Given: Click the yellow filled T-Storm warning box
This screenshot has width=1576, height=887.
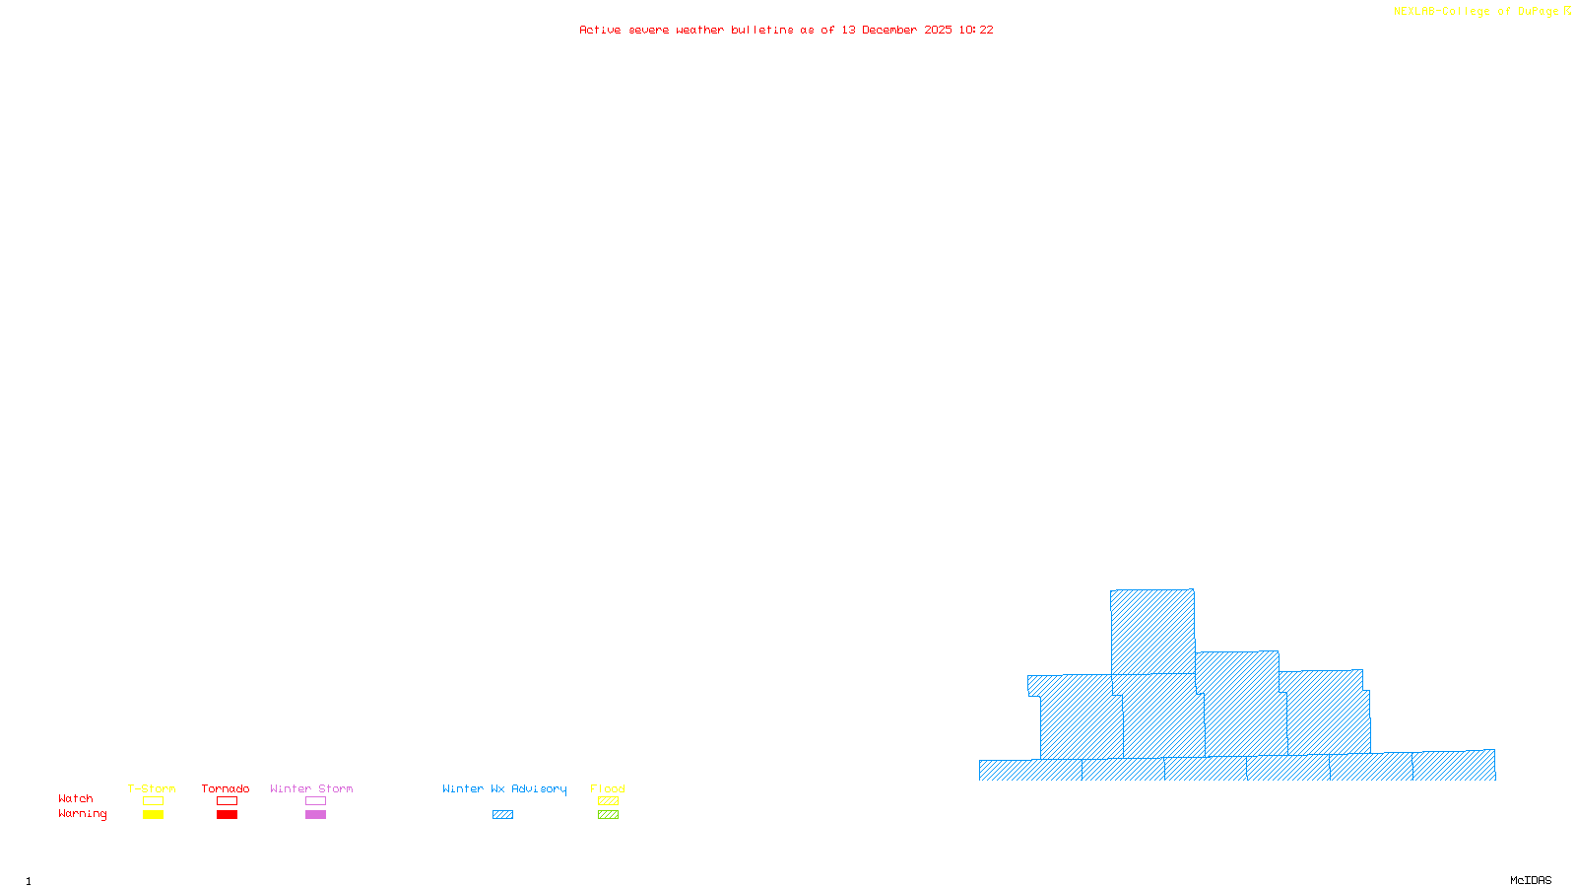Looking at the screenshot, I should point(153,815).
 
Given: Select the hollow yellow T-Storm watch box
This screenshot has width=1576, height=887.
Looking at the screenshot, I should point(153,801).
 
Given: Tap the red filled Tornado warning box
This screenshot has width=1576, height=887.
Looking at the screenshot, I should point(227,815).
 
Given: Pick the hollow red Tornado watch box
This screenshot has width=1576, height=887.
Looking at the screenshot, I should point(227,801).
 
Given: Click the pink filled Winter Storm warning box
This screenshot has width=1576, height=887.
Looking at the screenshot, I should point(315,815).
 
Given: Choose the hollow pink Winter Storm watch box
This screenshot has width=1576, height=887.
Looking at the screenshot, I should point(315,801).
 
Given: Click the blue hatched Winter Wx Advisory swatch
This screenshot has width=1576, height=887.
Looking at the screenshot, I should point(502,815).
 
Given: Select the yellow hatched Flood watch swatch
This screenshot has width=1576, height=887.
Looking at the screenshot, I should point(608,801).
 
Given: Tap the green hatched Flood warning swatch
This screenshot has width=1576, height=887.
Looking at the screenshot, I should point(608,815).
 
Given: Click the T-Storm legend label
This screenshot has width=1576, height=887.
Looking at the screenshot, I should point(152,788).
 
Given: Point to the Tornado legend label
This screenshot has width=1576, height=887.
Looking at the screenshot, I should point(226,788).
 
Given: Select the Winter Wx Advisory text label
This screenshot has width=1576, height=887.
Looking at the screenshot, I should point(504,788).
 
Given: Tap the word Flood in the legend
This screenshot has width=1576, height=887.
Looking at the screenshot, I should point(608,788).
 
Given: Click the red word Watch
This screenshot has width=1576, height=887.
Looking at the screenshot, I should point(76,799).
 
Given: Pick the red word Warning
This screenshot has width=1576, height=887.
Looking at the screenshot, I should point(83,814).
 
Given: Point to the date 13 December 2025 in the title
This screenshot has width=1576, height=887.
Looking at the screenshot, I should point(896,30).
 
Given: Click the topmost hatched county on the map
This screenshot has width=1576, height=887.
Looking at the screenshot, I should point(1152,632).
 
